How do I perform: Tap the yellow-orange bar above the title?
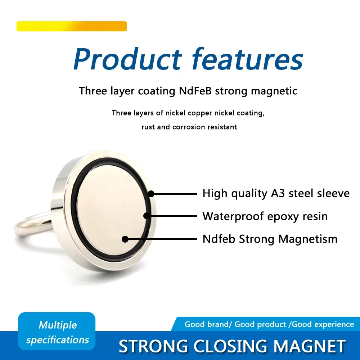[x=72, y=26]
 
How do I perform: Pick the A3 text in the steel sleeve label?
[x=278, y=193]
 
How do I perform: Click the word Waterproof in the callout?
[x=233, y=216]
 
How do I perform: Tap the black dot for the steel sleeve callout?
[x=151, y=194]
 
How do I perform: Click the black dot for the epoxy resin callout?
[x=147, y=216]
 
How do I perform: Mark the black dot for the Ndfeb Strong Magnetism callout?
[x=125, y=239]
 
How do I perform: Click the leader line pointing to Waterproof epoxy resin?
[x=172, y=216]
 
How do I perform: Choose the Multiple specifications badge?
[x=57, y=331]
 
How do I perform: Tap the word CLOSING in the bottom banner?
[x=230, y=346]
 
